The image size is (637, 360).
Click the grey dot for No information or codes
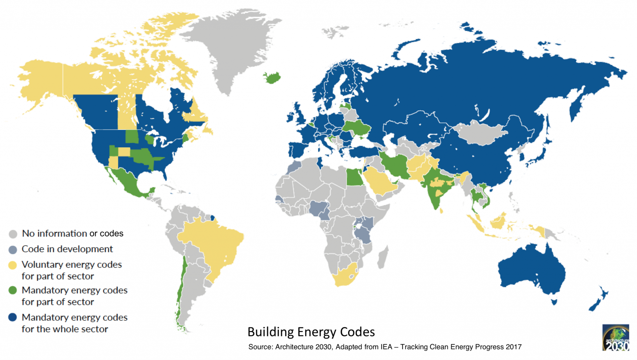click(13, 234)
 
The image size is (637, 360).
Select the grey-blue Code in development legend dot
click(13, 250)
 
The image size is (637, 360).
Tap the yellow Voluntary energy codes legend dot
click(12, 265)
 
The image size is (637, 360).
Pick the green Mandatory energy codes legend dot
click(12, 291)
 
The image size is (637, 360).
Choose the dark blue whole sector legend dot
click(12, 317)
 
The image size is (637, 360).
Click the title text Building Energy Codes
click(311, 332)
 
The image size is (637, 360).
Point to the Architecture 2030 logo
click(616, 338)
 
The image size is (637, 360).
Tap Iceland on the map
click(272, 77)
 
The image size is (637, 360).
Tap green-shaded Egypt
click(355, 177)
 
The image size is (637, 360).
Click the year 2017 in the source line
click(514, 347)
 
